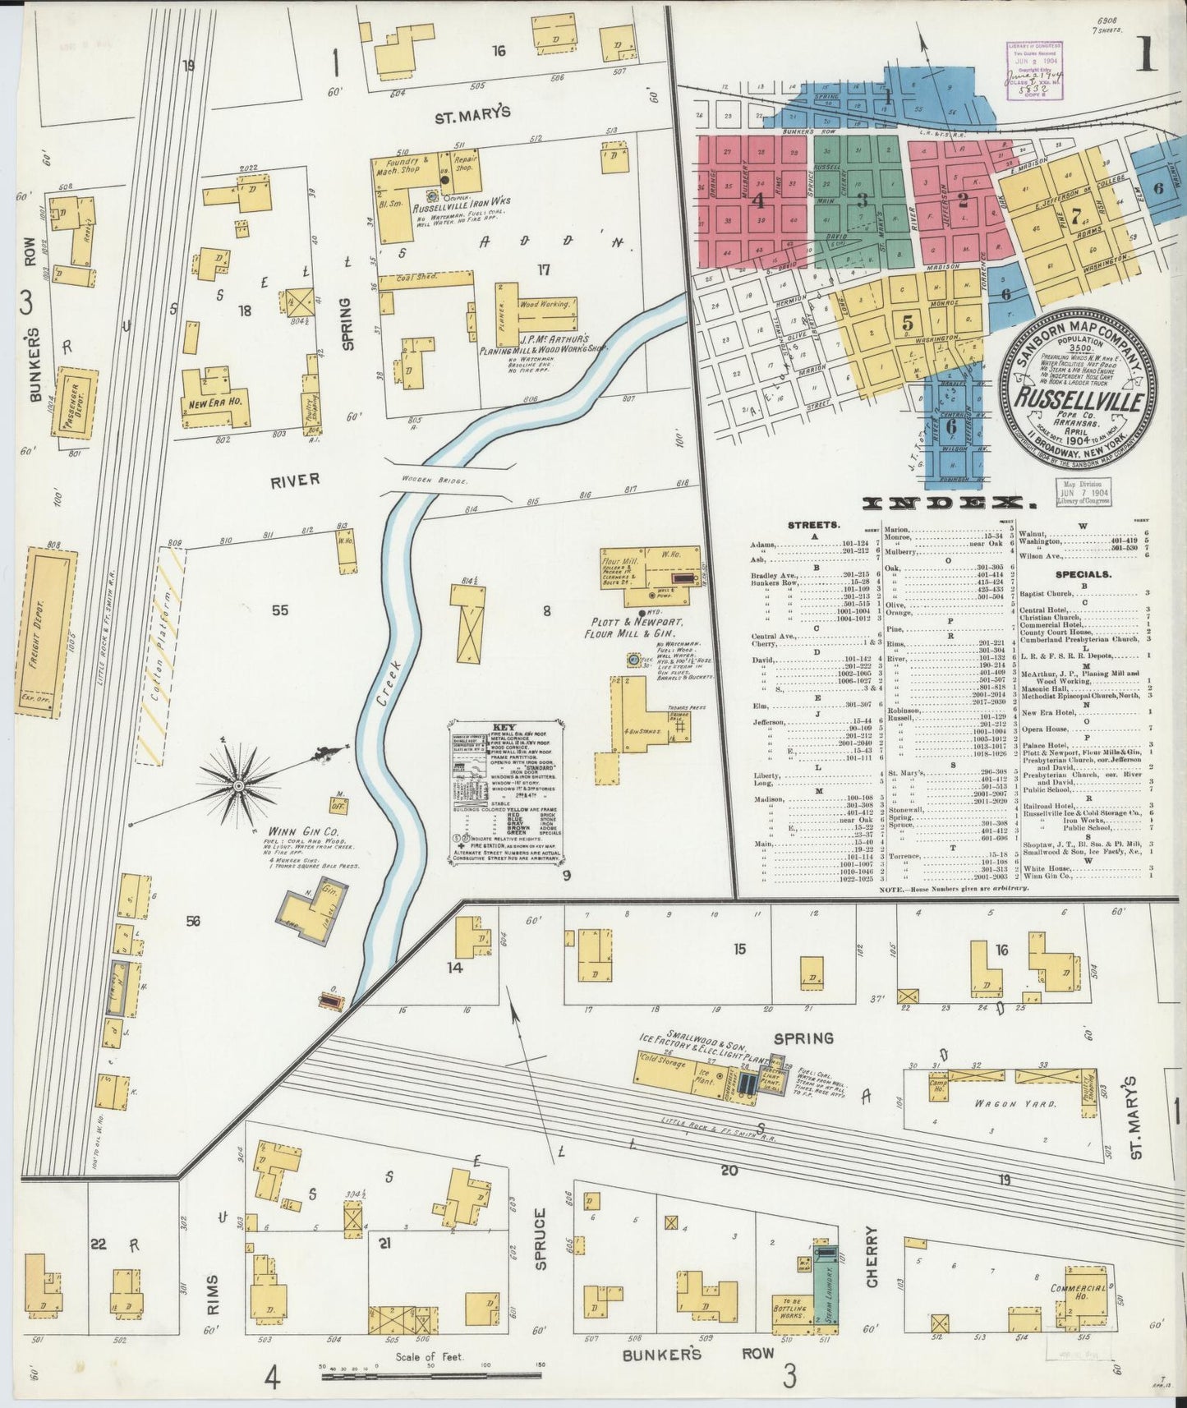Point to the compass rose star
coord(239,786)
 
